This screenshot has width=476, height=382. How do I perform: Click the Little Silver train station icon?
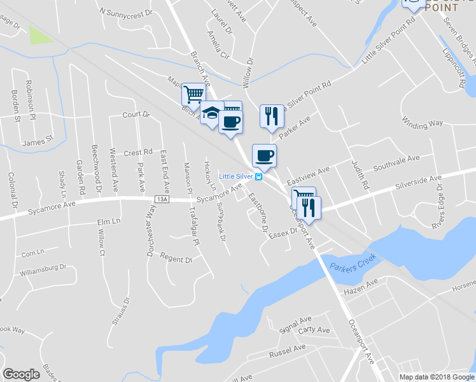point(258,176)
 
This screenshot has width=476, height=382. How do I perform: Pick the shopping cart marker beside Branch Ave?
point(193,94)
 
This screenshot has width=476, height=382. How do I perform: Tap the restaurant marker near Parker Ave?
point(271,116)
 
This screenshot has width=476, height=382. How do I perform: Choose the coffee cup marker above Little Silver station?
point(264,155)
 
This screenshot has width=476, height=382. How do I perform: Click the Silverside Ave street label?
point(417,182)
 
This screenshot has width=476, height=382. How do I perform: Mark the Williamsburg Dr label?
point(43,271)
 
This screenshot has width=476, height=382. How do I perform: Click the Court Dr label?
point(136,115)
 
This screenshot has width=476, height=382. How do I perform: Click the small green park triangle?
point(41,36)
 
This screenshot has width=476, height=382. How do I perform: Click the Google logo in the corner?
point(22,374)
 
